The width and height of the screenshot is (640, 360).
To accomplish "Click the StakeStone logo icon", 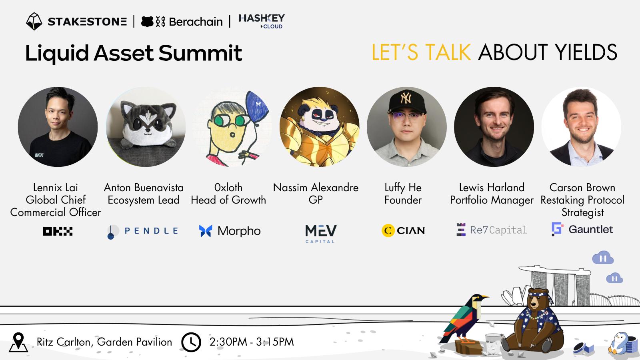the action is [34, 21].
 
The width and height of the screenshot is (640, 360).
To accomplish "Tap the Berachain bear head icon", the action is [148, 22].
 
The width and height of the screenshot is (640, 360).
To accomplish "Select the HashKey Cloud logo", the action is [262, 21].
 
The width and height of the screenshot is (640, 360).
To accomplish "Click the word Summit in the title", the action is [200, 53].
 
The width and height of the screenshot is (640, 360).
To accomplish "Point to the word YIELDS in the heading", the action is [586, 52].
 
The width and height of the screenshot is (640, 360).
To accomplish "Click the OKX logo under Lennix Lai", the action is [58, 231].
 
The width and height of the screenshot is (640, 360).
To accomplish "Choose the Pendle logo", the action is [142, 231].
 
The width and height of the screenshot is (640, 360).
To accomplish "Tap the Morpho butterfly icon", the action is [206, 231].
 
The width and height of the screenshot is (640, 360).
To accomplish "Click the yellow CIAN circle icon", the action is [388, 230].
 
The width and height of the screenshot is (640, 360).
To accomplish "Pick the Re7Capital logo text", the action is [498, 230].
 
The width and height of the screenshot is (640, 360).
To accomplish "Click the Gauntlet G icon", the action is [557, 229].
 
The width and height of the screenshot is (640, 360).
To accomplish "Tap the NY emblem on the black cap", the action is [406, 98].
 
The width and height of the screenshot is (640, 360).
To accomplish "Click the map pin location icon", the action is [18, 342].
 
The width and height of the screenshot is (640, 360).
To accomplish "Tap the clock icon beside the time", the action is [191, 342].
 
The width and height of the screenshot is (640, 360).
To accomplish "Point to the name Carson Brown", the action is [582, 188].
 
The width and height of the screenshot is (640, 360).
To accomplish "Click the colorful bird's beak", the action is [484, 298].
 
